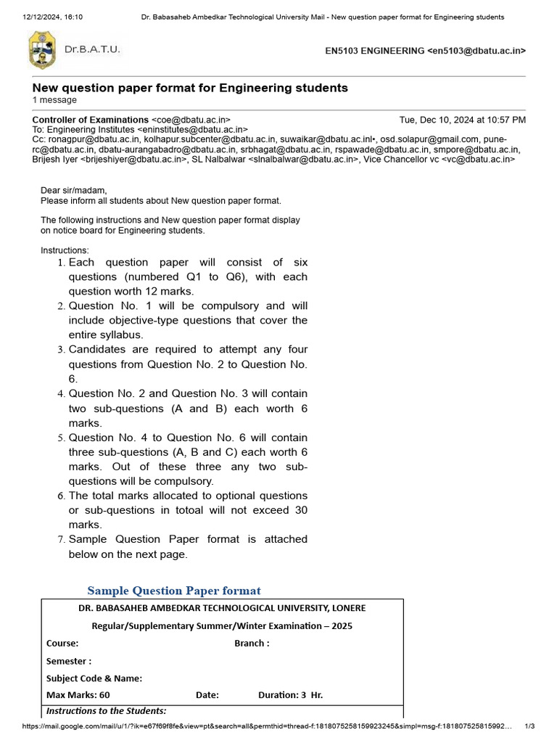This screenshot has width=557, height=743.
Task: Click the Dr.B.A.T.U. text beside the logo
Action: click(92, 50)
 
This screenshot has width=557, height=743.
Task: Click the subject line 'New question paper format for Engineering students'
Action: click(190, 88)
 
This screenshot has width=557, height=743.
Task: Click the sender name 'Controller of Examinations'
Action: click(90, 120)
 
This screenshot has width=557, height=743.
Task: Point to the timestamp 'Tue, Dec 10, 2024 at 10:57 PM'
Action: click(463, 120)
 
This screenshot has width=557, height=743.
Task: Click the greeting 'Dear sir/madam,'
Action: click(74, 191)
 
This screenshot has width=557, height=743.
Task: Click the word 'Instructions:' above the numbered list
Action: click(65, 250)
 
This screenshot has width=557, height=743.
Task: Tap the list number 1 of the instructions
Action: click(61, 263)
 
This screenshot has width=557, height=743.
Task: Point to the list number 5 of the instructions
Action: click(61, 438)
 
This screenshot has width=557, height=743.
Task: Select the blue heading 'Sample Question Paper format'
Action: click(174, 591)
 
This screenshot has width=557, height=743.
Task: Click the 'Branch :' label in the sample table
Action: click(252, 643)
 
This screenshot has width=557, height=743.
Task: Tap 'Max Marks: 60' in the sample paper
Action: click(78, 694)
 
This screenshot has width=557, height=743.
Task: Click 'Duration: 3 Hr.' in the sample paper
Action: click(290, 694)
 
